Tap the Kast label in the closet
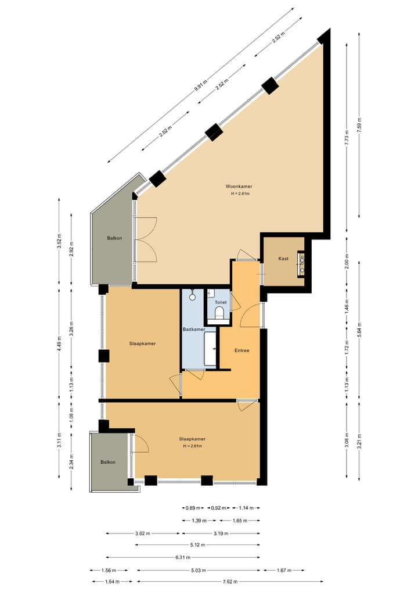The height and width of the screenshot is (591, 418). pos(283,258)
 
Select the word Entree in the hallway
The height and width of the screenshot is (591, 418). pos(242,350)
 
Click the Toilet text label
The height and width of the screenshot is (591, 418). pos(221,303)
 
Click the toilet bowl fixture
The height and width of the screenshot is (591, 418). pos(219,314)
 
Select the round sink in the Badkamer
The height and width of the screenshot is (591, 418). pos(193,298)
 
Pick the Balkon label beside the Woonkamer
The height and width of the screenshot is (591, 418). pos(114,238)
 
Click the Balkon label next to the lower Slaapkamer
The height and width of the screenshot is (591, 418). pos(108,462)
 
